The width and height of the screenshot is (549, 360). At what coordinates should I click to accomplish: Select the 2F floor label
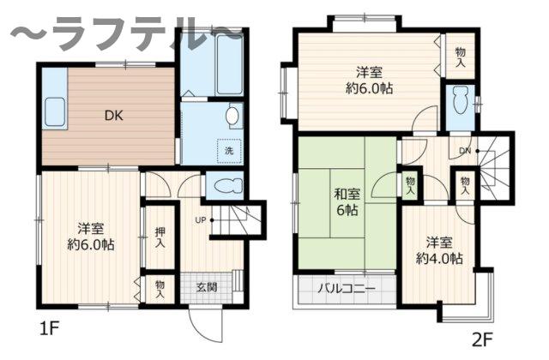coord(484,338)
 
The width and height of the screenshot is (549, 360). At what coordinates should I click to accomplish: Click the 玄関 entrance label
coord(207,286)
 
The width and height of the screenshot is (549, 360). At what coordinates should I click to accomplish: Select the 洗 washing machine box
coord(228,151)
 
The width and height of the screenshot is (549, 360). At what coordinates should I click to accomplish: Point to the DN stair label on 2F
coord(463,151)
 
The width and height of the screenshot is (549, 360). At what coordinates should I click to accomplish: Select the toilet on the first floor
coord(224,187)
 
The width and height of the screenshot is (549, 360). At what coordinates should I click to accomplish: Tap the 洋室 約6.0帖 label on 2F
coord(370,79)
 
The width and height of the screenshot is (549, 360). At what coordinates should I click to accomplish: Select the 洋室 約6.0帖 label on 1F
coord(90,236)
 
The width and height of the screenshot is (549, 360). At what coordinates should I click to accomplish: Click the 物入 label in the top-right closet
coord(460,57)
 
